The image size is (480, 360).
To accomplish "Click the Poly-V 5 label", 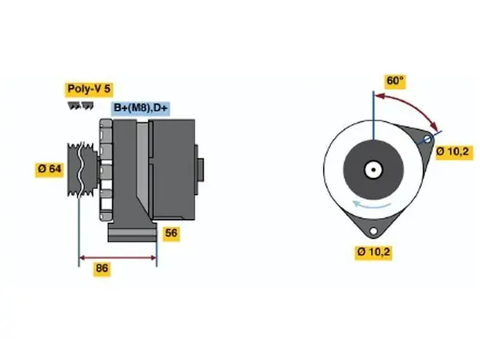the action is coord(89,89).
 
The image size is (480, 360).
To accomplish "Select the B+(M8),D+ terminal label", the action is coord(140,108).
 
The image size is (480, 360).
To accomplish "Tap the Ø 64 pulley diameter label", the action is coord(49,169).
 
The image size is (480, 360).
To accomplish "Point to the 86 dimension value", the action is coord(102,268).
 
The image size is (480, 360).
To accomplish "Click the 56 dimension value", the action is coord(171,233).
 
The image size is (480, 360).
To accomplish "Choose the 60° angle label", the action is coord(395,81).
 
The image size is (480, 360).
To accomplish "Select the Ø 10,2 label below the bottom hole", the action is coord(373,252).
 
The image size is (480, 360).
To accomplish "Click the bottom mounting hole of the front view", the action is coord(373,231).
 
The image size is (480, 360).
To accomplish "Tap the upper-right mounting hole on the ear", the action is coord(427,140).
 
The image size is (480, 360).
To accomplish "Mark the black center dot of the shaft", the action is coord(373,169).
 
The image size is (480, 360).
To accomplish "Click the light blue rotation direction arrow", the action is coord(371,205).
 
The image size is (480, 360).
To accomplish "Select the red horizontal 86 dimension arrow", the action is coord(118,258).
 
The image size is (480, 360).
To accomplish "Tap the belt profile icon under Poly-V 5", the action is coord(81,106).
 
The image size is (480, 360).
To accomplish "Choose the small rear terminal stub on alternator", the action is coord(201,170).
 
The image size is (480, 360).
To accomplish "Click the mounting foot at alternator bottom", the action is coord(133,232).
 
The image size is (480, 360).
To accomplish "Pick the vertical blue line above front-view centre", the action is coord(373,115).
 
